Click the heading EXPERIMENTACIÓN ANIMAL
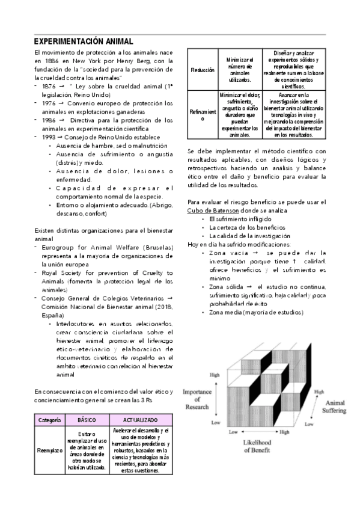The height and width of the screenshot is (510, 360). pyautogui.click(x=84, y=41)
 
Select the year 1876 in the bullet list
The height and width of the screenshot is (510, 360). pyautogui.click(x=49, y=87)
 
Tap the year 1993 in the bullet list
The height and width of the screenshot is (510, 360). pyautogui.click(x=49, y=137)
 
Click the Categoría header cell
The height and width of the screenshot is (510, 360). pyautogui.click(x=47, y=419)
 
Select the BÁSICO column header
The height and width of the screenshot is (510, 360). pyautogui.click(x=87, y=419)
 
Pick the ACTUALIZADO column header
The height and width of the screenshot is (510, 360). pyautogui.click(x=141, y=419)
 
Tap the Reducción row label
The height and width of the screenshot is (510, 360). pyautogui.click(x=202, y=70)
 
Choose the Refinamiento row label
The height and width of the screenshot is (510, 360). pyautogui.click(x=202, y=115)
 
